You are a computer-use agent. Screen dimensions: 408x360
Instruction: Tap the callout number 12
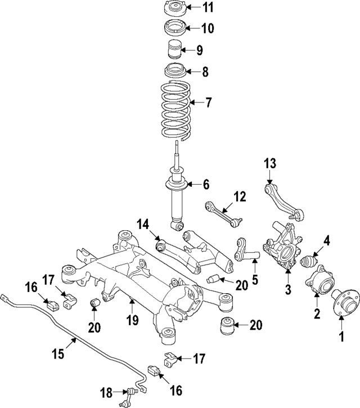240,196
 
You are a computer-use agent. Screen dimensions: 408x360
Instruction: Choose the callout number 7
209,103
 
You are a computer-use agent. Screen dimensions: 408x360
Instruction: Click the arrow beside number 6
194,184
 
